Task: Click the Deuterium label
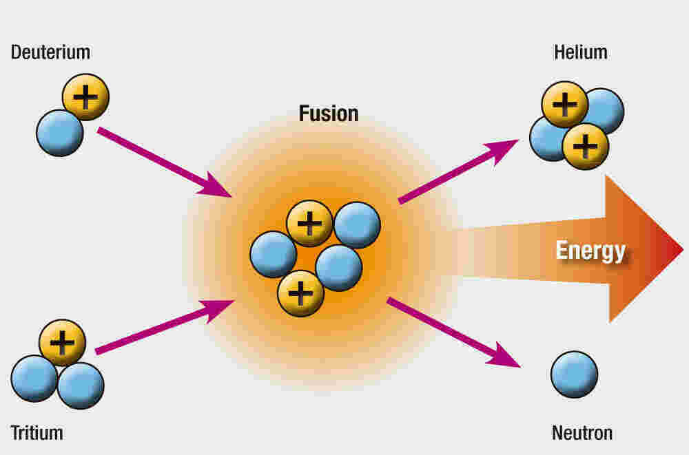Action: pos(50,52)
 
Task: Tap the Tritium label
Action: pos(37,433)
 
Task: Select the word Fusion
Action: pos(329,113)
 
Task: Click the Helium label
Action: pos(581,52)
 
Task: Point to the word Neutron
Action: pos(582,433)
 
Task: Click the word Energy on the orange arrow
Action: pos(590,251)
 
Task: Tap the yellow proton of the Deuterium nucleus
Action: pos(85,97)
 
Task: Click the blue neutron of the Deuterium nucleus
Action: pos(59,132)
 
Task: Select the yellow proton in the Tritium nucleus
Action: pos(63,342)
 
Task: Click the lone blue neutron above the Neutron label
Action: pos(574,374)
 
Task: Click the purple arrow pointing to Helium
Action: pos(457,171)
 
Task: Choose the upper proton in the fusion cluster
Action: pos(309,223)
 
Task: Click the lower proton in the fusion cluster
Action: pos(300,293)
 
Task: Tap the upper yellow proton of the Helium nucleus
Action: pos(564,105)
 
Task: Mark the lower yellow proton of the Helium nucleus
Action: pos(586,146)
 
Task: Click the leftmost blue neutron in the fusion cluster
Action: pos(273,254)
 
